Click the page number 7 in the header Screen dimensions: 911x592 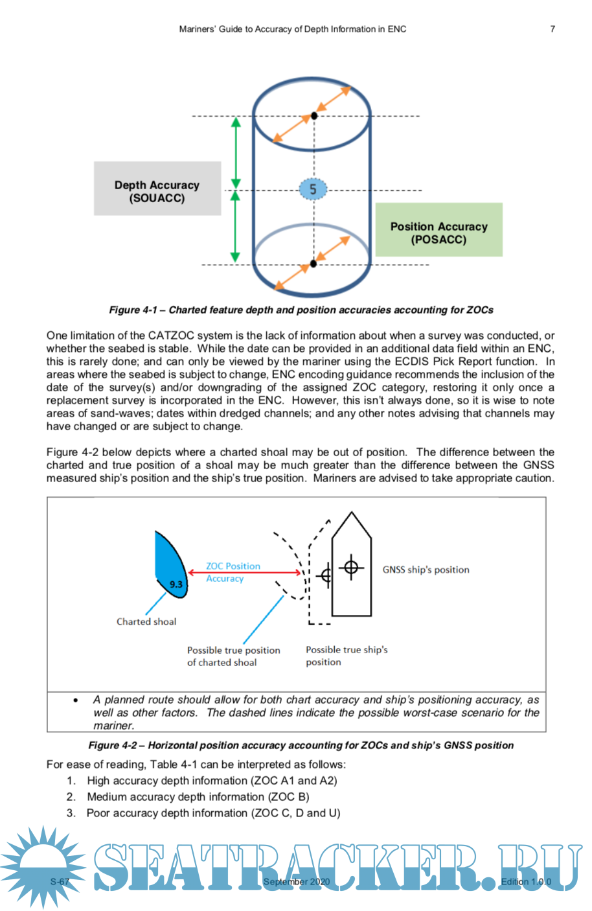coord(552,29)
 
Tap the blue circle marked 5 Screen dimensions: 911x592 coord(313,190)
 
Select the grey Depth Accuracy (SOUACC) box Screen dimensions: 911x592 coord(157,189)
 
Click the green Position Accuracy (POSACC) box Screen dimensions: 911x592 coord(438,230)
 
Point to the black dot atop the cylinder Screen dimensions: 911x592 coord(314,115)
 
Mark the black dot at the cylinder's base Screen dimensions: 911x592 coord(313,264)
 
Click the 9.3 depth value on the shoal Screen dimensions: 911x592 coord(176,584)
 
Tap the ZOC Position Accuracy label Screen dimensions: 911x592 coord(233,572)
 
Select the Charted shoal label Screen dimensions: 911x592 coord(146,621)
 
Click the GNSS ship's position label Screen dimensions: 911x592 coord(426,570)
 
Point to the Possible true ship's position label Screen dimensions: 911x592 coord(347,656)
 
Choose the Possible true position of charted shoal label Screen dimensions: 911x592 coord(233,656)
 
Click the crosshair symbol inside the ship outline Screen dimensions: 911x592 coord(351,568)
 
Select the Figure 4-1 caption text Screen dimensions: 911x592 coord(301,310)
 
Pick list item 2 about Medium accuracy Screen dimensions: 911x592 coord(198,797)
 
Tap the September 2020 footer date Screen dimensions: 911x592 coord(297,882)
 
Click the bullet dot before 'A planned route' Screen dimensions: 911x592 coord(76,700)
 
